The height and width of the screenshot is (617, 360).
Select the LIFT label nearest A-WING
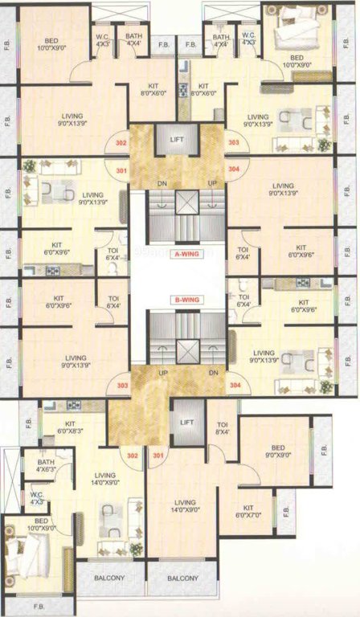(178, 140)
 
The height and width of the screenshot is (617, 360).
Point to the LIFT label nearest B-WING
(188, 422)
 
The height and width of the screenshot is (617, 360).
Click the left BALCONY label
(111, 578)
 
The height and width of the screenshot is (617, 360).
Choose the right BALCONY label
(183, 578)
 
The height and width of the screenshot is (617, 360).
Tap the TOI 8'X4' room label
(222, 429)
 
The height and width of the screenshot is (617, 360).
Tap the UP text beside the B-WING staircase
(162, 373)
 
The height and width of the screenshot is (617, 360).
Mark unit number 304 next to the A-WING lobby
(234, 170)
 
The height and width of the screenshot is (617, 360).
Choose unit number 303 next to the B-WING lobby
(122, 385)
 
